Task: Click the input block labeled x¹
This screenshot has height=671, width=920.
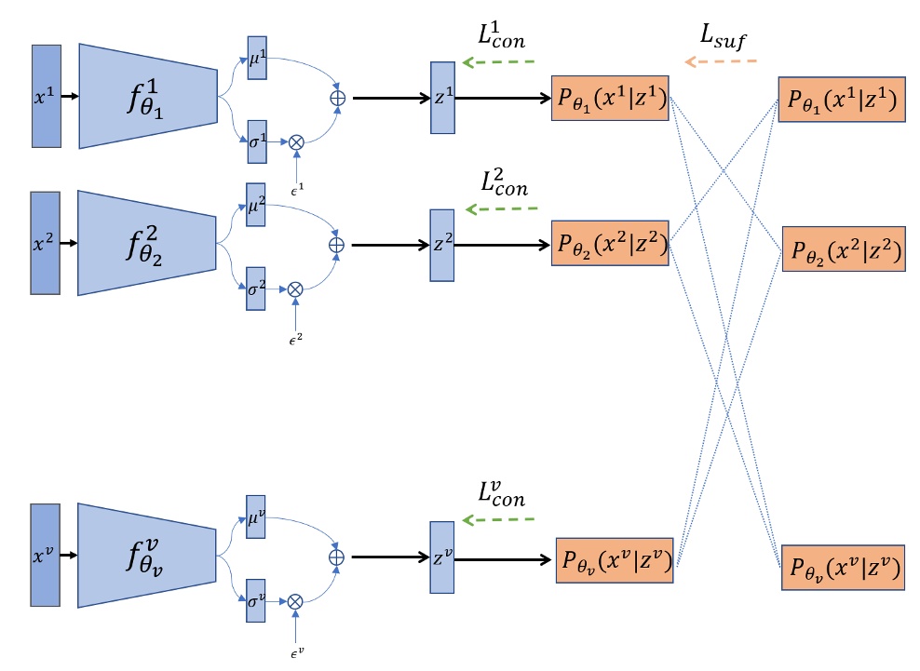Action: pyautogui.click(x=47, y=95)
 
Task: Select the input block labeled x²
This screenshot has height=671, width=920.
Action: pyautogui.click(x=46, y=245)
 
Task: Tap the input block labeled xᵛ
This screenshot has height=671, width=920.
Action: pyautogui.click(x=46, y=557)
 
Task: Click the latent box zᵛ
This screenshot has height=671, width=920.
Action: pyautogui.click(x=441, y=559)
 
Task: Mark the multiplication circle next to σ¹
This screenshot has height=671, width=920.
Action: pyautogui.click(x=296, y=142)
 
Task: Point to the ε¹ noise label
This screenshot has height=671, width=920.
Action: pyautogui.click(x=296, y=191)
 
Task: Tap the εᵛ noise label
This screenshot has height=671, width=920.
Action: pyautogui.click(x=296, y=652)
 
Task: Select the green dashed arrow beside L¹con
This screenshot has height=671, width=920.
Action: pyautogui.click(x=499, y=62)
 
